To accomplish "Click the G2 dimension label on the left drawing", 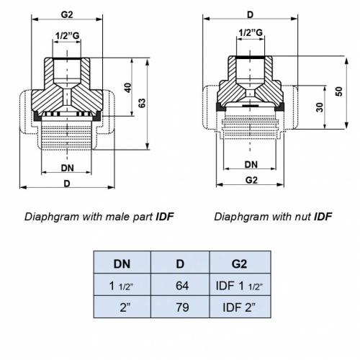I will [67, 14].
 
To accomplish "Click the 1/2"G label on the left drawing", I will [68, 35].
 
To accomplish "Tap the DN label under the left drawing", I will [67, 168].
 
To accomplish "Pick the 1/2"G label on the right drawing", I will [250, 32].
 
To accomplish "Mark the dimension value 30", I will [318, 107].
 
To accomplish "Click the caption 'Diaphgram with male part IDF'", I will [99, 216].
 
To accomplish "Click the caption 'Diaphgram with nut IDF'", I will [273, 216].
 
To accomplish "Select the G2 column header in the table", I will [240, 262].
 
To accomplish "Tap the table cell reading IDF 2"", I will [240, 310].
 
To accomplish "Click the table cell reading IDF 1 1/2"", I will [240, 286].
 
